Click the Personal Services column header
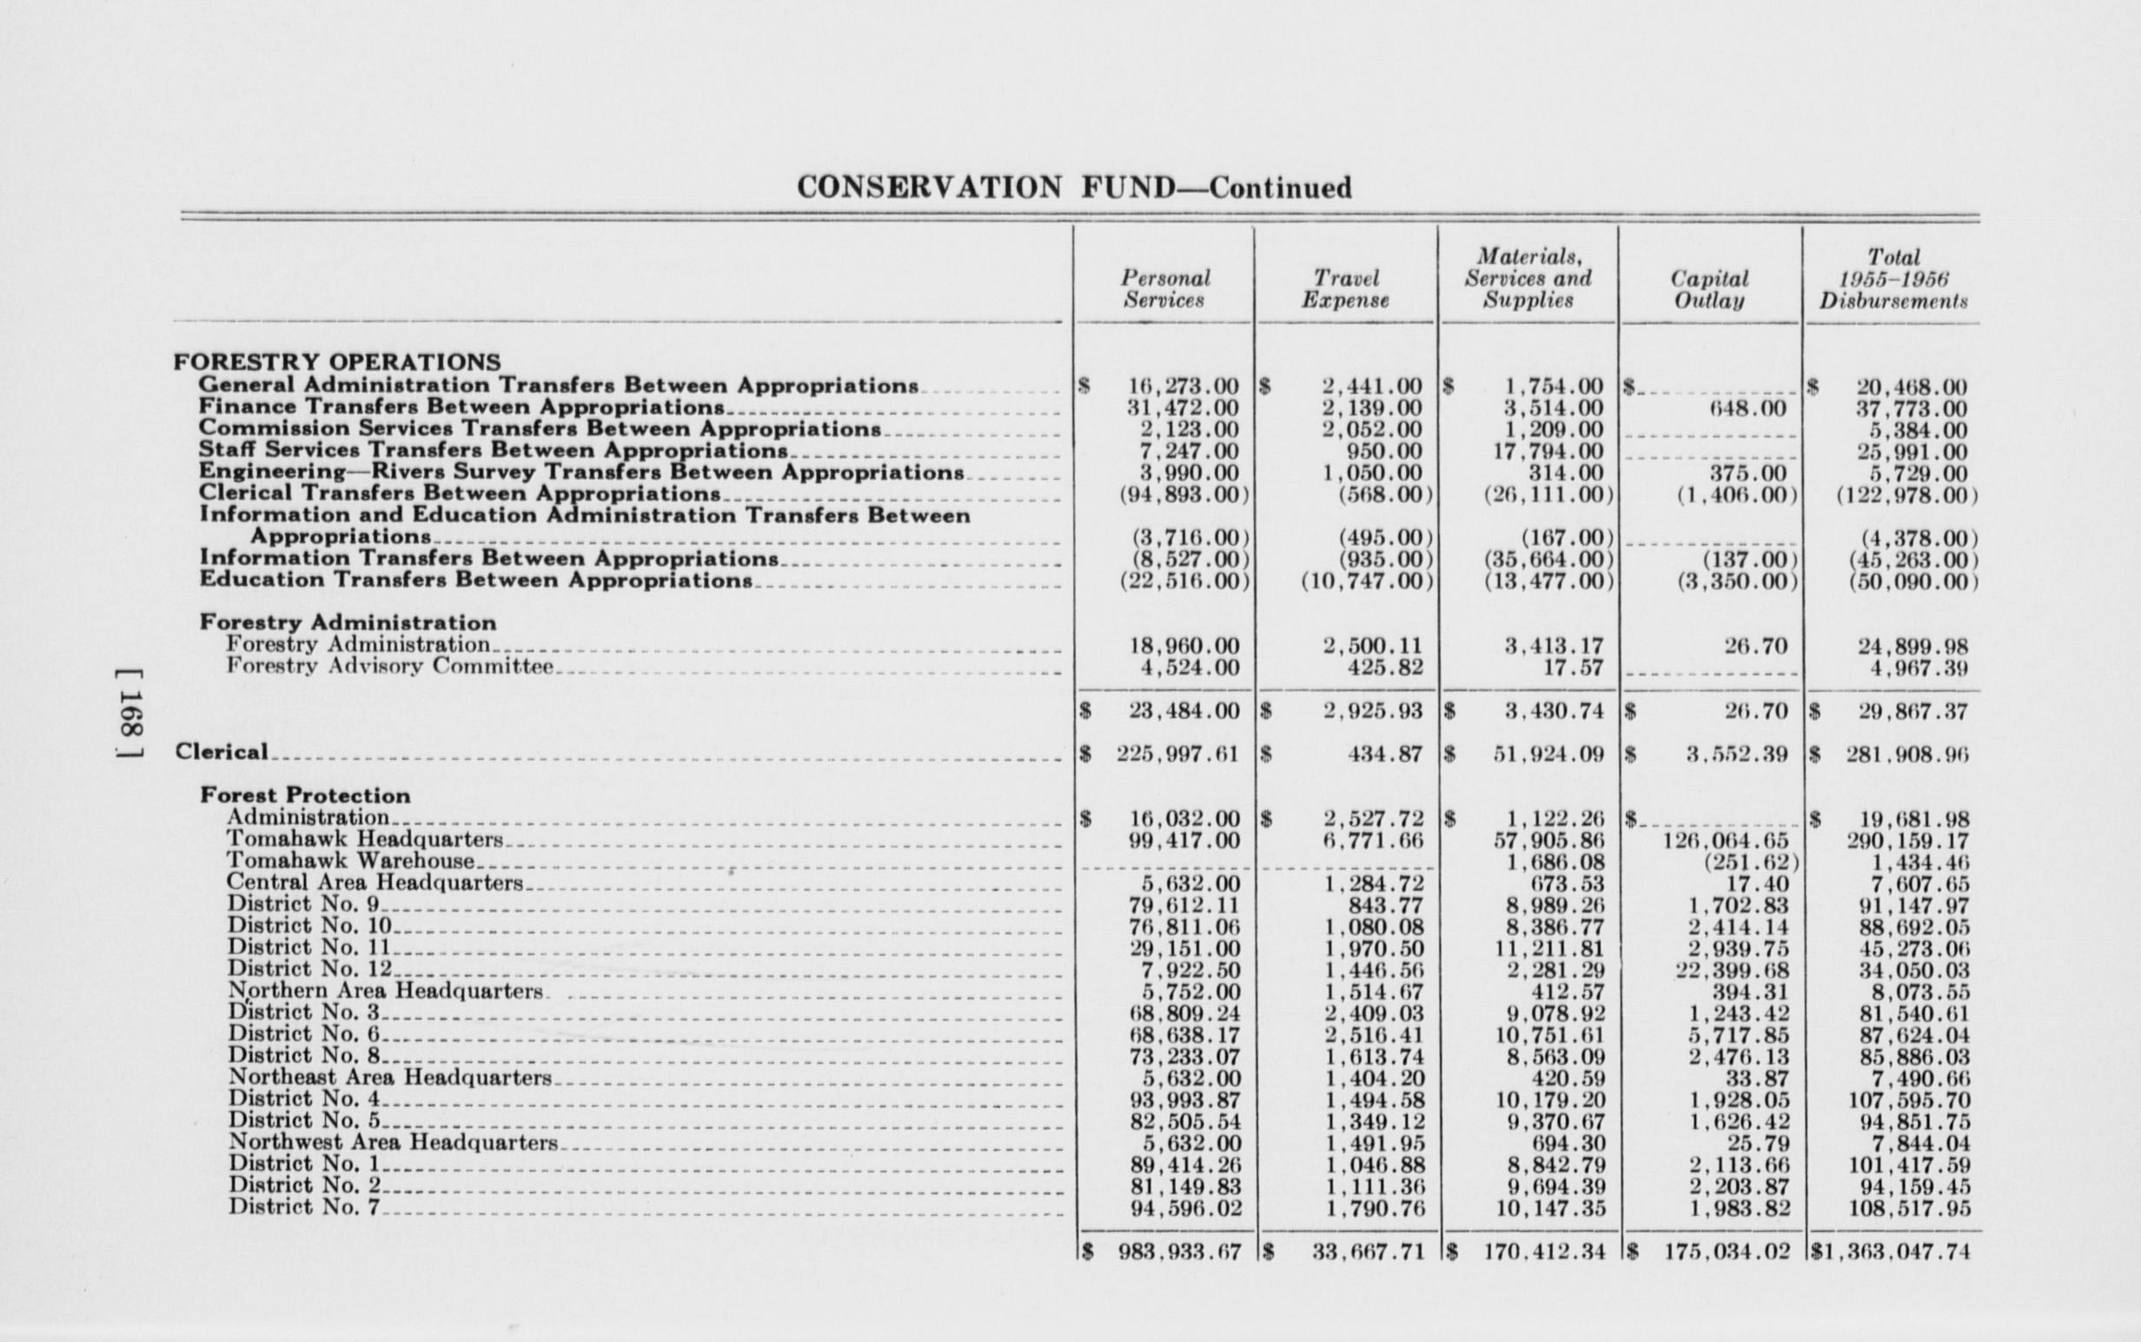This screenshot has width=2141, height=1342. pyautogui.click(x=1165, y=289)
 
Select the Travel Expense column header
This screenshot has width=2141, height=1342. pyautogui.click(x=1345, y=289)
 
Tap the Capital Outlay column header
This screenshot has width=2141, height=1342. pyautogui.click(x=1709, y=289)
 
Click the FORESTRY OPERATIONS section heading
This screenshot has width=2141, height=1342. pyautogui.click(x=337, y=362)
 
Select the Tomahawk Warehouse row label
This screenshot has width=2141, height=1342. pyautogui.click(x=350, y=861)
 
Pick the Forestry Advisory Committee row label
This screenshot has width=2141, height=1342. pyautogui.click(x=389, y=667)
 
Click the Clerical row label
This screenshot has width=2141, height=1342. pyautogui.click(x=222, y=752)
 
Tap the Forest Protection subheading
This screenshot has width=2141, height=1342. pyautogui.click(x=305, y=795)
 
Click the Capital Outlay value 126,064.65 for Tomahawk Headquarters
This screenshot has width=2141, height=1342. pyautogui.click(x=1726, y=840)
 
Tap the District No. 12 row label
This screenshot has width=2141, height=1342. pyautogui.click(x=309, y=969)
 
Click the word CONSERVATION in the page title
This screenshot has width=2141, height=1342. pyautogui.click(x=928, y=187)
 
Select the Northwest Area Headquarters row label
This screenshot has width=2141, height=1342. pyautogui.click(x=393, y=1142)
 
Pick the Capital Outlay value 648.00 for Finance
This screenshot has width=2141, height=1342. pyautogui.click(x=1747, y=409)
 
